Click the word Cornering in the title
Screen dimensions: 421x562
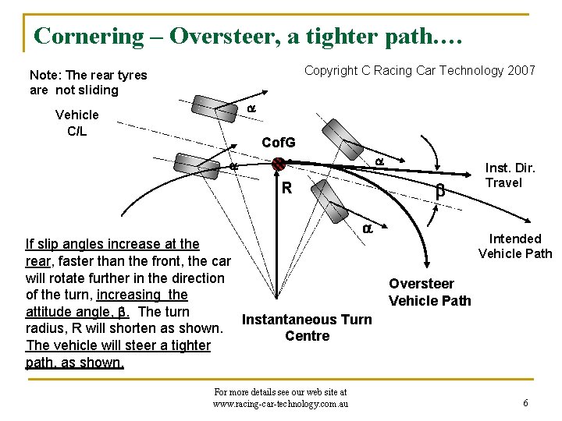coord(90,36)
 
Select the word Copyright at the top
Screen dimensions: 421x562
coord(331,71)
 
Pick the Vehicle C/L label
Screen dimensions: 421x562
coord(76,122)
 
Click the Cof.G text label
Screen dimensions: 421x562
coord(279,143)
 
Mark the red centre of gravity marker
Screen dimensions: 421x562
coord(278,164)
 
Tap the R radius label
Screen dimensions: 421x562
coord(286,188)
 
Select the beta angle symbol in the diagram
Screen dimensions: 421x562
coord(439,189)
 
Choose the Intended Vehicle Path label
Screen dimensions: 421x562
coord(514,246)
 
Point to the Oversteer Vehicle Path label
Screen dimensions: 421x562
coord(429,292)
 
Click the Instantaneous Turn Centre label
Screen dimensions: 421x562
coord(307,327)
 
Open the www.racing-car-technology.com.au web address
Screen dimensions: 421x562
coord(280,403)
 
